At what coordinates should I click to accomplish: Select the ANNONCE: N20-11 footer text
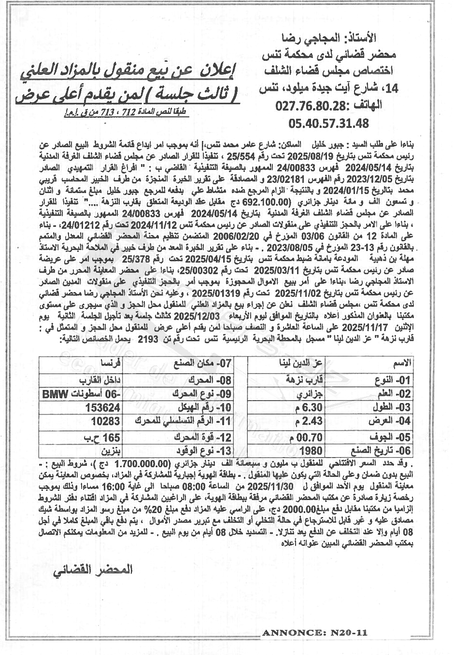[315, 633]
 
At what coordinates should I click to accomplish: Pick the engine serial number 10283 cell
[106, 421]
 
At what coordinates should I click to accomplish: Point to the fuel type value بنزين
[110, 451]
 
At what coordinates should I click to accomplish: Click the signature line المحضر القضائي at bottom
[92, 570]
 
